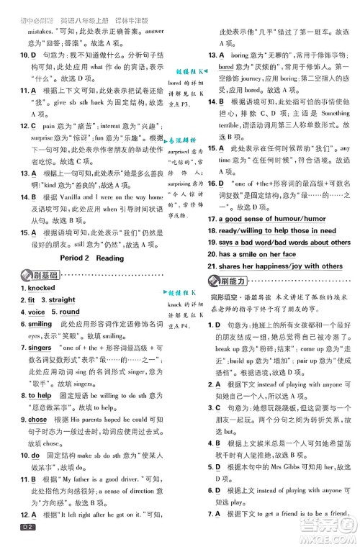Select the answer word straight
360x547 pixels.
tap(62, 299)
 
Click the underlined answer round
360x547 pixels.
tap(69, 312)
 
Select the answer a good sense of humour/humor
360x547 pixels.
tap(272, 218)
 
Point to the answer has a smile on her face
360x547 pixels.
tap(257, 254)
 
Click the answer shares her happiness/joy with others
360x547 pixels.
tap(281, 266)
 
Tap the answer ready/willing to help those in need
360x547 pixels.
tap(277, 230)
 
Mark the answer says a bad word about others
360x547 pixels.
tap(284, 243)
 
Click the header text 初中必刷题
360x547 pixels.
tap(33, 8)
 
